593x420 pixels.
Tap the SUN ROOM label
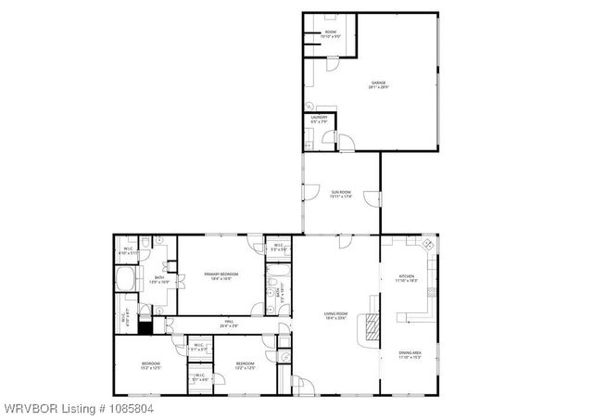[341, 192]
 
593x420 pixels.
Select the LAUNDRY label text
[318, 117]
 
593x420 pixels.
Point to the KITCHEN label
[407, 275]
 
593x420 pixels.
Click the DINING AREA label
[410, 352]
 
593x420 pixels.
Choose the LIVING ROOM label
[334, 314]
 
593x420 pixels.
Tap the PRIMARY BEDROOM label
[221, 274]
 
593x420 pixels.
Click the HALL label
[227, 321]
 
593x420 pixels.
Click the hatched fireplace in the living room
[371, 324]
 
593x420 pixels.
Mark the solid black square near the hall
[145, 325]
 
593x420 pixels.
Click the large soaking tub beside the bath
[124, 281]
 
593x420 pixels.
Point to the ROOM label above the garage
[331, 32]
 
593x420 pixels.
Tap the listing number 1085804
[125, 408]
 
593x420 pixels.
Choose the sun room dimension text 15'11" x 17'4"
[341, 197]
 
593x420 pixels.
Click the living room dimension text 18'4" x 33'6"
[334, 319]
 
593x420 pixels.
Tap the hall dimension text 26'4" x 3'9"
[227, 325]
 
